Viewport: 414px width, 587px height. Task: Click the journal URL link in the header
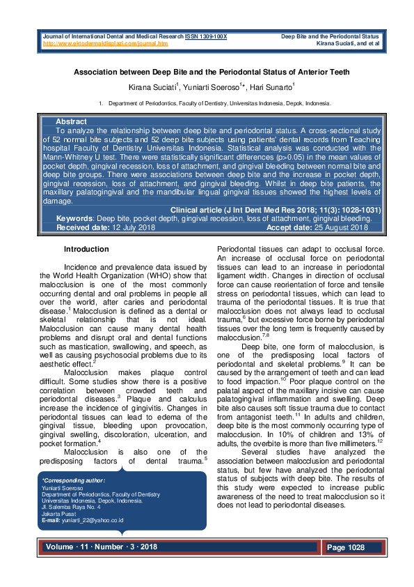tap(106, 43)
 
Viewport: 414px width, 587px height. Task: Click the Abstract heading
tap(71, 121)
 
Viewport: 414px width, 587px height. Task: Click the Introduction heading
tap(86, 249)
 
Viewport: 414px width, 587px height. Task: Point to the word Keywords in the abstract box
tap(74, 218)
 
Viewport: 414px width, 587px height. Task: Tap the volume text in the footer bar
tap(102, 547)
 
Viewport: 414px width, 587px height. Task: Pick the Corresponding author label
tap(74, 480)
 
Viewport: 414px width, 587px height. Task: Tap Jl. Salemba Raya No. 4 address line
tap(70, 507)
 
